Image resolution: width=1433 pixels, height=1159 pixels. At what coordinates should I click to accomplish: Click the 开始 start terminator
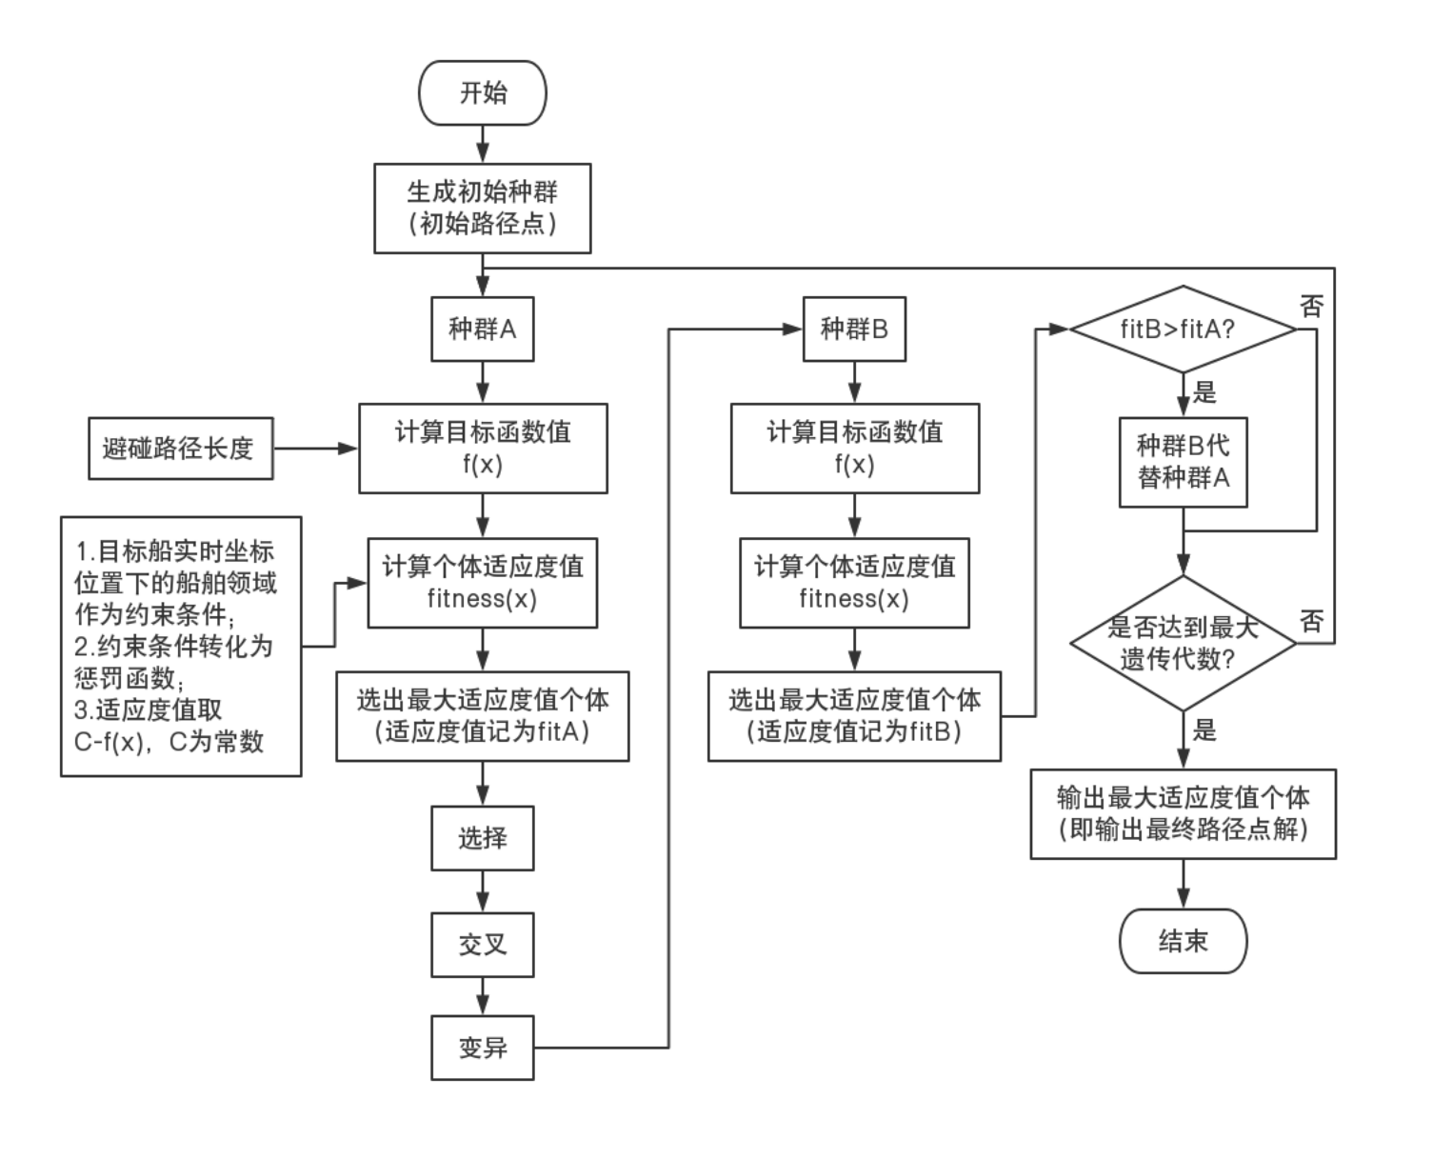(x=483, y=93)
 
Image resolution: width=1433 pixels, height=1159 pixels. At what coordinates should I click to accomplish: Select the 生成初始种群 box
(x=483, y=208)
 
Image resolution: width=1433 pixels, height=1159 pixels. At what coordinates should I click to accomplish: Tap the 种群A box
(x=483, y=330)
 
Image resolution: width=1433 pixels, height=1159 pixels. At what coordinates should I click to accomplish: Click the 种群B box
(x=854, y=330)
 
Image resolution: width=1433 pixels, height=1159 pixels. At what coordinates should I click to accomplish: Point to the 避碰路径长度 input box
(x=180, y=448)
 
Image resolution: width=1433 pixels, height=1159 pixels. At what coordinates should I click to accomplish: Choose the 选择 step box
(x=483, y=838)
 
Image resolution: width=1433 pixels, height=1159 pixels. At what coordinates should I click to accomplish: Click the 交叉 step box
(x=483, y=945)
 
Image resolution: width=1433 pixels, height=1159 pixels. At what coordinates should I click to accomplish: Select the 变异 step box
(x=483, y=1048)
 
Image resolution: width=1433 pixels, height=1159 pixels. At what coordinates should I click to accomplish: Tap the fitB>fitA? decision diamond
(x=1183, y=330)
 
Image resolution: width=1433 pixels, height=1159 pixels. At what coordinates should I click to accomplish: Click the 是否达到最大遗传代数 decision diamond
(x=1183, y=643)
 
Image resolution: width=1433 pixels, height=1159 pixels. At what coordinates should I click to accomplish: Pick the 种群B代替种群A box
(x=1183, y=461)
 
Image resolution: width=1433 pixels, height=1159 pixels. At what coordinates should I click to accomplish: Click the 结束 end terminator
(x=1183, y=941)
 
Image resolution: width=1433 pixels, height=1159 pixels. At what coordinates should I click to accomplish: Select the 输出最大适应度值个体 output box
(x=1183, y=813)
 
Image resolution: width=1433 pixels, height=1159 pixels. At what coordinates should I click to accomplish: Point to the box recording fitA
(x=483, y=715)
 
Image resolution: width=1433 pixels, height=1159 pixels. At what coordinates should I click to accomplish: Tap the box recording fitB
(x=854, y=715)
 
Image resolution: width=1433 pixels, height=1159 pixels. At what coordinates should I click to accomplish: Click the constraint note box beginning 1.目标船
(x=181, y=646)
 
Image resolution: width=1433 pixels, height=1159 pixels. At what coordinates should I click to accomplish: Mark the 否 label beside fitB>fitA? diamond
(x=1312, y=306)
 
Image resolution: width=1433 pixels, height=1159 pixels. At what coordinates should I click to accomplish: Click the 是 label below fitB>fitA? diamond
(x=1204, y=391)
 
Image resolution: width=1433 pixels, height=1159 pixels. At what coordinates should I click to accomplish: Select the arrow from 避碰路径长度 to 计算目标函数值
(x=315, y=448)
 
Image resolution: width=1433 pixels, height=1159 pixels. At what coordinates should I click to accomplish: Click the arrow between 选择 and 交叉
(x=483, y=892)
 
